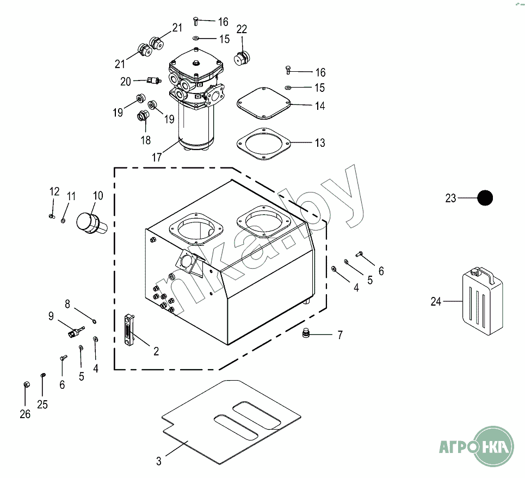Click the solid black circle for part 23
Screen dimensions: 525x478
point(485,198)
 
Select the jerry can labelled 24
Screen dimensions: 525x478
point(483,301)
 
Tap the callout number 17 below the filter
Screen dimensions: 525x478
point(157,157)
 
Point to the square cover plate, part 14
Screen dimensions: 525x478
point(263,103)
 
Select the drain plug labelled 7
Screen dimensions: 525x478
point(305,333)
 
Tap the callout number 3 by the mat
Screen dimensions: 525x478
point(159,461)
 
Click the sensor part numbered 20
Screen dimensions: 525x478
point(154,80)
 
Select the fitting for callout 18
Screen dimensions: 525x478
point(144,115)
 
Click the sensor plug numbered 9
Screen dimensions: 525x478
point(76,332)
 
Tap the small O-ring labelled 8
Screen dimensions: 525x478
point(95,322)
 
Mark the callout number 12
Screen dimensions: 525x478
point(54,191)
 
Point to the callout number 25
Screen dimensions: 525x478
point(42,405)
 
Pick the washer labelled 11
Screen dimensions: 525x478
point(63,220)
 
